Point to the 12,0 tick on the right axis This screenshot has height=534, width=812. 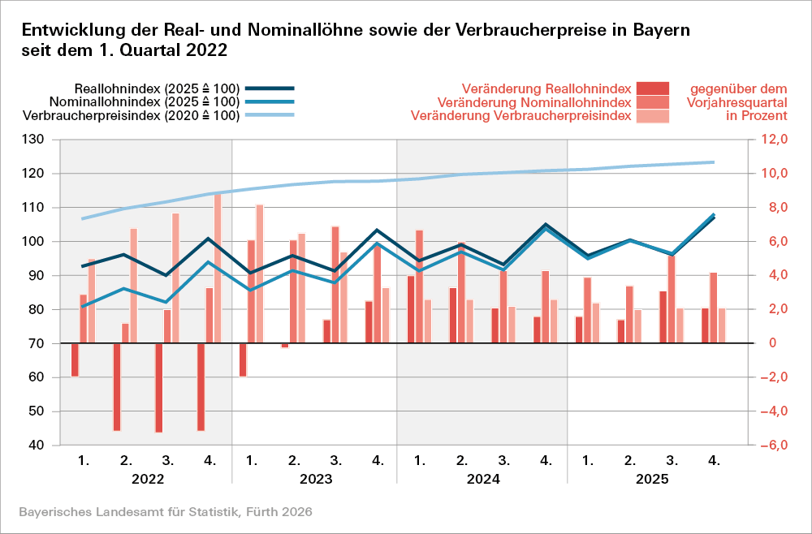[773, 140]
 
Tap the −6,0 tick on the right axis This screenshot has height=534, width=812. [771, 446]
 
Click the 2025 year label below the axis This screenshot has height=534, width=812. [651, 479]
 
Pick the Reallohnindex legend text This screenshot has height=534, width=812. [156, 88]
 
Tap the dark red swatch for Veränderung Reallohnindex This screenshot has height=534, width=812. [653, 88]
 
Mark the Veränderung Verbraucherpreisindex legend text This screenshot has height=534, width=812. [520, 116]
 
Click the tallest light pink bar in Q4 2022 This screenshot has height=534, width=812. [218, 268]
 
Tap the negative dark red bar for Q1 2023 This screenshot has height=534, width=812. [244, 360]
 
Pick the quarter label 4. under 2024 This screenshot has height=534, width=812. [546, 460]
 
